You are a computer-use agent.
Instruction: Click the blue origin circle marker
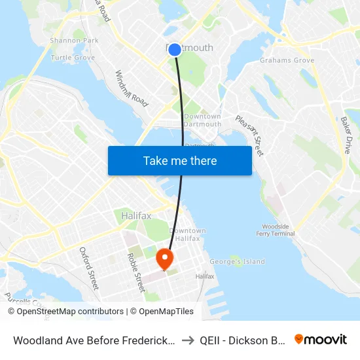click(175, 49)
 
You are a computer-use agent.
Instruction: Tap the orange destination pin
click(164, 258)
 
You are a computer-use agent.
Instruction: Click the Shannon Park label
click(74, 41)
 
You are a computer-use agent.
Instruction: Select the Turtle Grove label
click(73, 58)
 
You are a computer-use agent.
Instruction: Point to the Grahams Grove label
click(287, 60)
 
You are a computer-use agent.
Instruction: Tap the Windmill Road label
click(132, 89)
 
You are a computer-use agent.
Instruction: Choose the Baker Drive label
click(346, 135)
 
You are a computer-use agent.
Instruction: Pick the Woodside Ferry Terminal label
click(278, 230)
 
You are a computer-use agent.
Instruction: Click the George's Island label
click(237, 262)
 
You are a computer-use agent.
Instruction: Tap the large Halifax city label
click(136, 215)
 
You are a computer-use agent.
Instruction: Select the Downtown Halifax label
click(188, 234)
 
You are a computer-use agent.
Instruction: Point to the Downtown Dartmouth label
click(202, 120)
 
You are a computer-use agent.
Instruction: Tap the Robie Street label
click(135, 272)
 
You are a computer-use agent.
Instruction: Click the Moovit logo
click(321, 339)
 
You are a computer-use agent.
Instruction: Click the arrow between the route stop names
click(206, 340)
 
